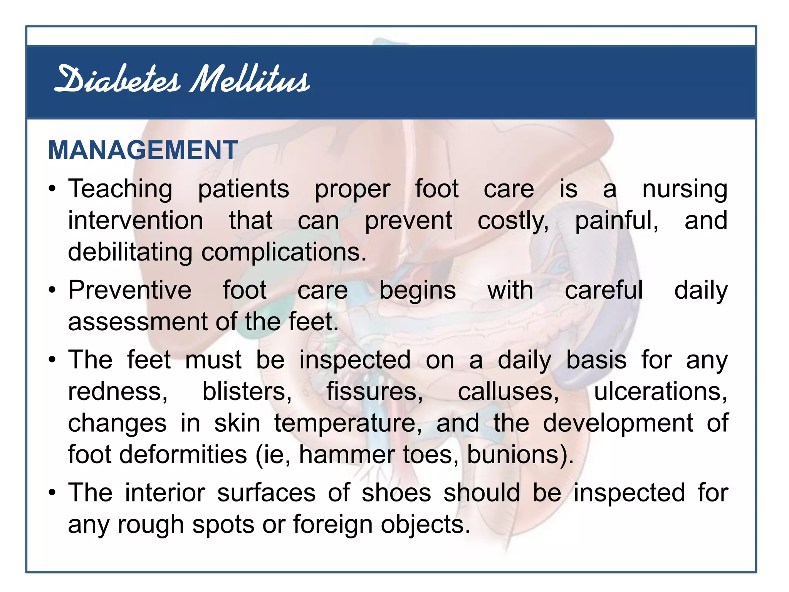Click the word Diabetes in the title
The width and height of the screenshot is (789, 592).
tap(118, 80)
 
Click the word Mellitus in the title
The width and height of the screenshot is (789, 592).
tap(250, 80)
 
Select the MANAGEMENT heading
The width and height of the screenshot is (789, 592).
tap(143, 150)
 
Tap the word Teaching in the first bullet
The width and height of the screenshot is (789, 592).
tap(120, 190)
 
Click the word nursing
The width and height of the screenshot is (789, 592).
tap(685, 190)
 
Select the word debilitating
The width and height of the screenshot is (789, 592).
tap(130, 252)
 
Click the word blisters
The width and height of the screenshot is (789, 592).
tap(247, 392)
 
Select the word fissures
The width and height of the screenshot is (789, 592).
tap(374, 392)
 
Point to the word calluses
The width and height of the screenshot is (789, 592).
tap(508, 392)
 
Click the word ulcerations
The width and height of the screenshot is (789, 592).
tap(660, 392)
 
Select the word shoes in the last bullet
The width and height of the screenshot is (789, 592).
tap(396, 493)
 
